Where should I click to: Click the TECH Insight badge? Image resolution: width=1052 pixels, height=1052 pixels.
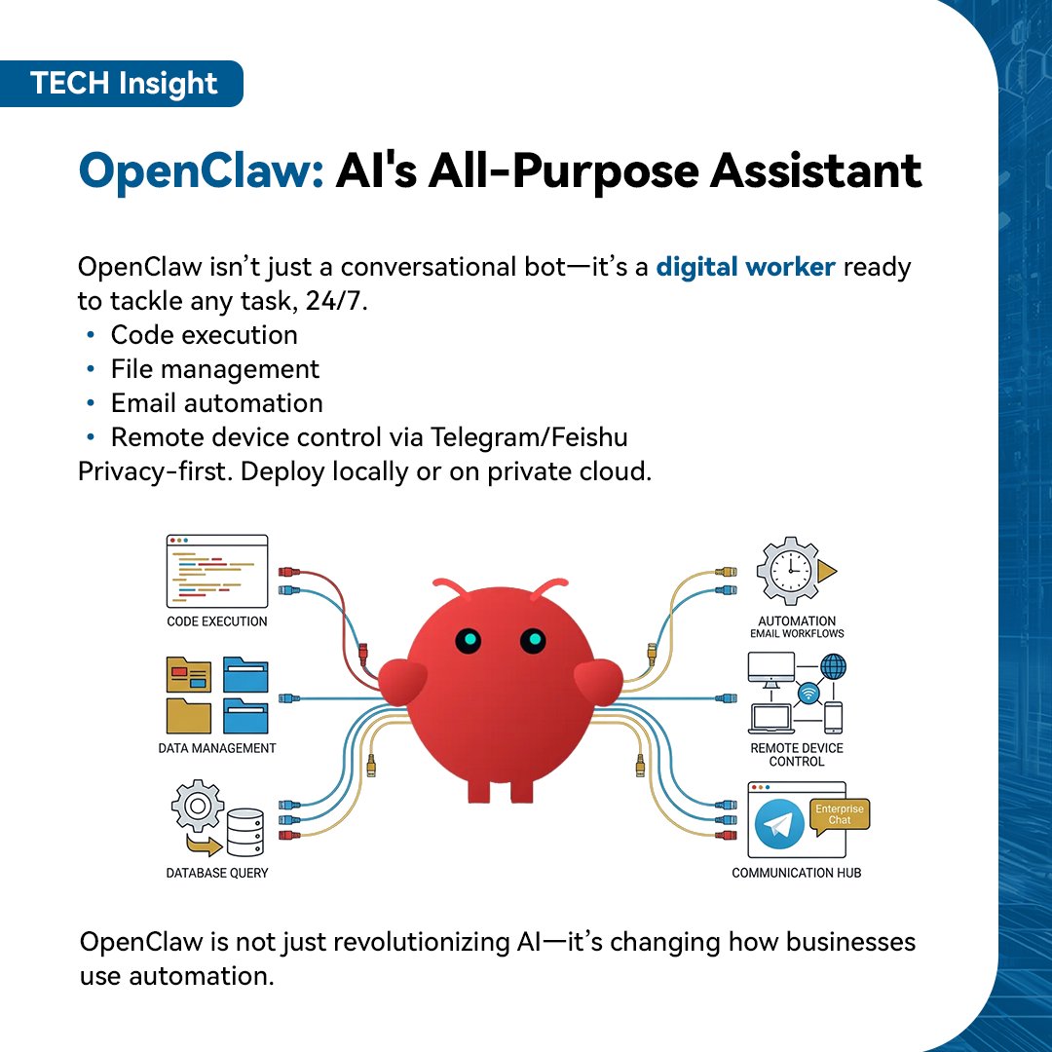point(123,84)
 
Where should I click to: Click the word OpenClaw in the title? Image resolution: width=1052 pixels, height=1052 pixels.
point(200,172)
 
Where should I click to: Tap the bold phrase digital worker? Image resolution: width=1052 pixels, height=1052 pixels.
point(745,267)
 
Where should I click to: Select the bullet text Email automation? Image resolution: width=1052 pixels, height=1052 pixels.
point(216,403)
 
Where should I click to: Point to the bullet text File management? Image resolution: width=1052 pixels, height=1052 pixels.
point(214,369)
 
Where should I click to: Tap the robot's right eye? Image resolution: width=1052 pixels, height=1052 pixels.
point(532,640)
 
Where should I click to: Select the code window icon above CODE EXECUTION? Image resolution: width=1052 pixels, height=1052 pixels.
point(216,571)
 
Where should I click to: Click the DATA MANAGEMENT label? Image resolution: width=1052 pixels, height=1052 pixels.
point(216,748)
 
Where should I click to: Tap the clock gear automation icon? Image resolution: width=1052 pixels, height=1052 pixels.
point(790,570)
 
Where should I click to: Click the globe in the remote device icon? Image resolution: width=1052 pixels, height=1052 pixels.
point(833,667)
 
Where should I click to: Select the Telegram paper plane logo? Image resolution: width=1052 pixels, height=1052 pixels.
point(779,825)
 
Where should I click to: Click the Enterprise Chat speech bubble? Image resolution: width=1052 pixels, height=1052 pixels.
point(840,814)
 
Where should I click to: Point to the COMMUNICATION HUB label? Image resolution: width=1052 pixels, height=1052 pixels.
point(796,873)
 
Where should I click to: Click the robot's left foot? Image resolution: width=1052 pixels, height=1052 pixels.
point(479,787)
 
